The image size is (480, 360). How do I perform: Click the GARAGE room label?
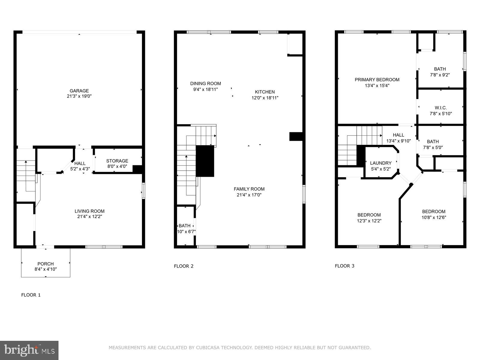point(79,91)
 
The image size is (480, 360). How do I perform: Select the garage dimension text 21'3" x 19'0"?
point(79,96)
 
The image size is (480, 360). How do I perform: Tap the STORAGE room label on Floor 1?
point(117,161)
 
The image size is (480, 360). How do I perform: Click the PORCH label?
point(46,264)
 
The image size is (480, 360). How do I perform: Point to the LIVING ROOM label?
point(90,211)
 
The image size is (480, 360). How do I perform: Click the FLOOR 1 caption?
point(31,295)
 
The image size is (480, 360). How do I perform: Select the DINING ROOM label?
point(205,83)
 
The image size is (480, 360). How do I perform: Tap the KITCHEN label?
point(265,92)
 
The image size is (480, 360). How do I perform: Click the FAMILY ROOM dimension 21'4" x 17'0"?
point(249,195)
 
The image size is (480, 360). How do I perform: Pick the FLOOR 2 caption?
point(184,266)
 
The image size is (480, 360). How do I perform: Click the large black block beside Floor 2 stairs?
point(205,161)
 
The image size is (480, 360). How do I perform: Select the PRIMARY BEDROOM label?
point(377,79)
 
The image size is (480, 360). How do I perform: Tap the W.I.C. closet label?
point(441,108)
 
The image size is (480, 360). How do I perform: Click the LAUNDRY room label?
point(381,163)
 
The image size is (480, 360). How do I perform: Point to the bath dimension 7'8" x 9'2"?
point(440,75)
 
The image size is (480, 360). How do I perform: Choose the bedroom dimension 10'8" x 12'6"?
point(434,217)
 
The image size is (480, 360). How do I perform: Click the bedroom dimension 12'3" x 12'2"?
point(369,221)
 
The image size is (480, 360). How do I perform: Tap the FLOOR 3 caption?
point(344,266)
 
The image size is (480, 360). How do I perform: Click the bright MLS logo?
point(29,350)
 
